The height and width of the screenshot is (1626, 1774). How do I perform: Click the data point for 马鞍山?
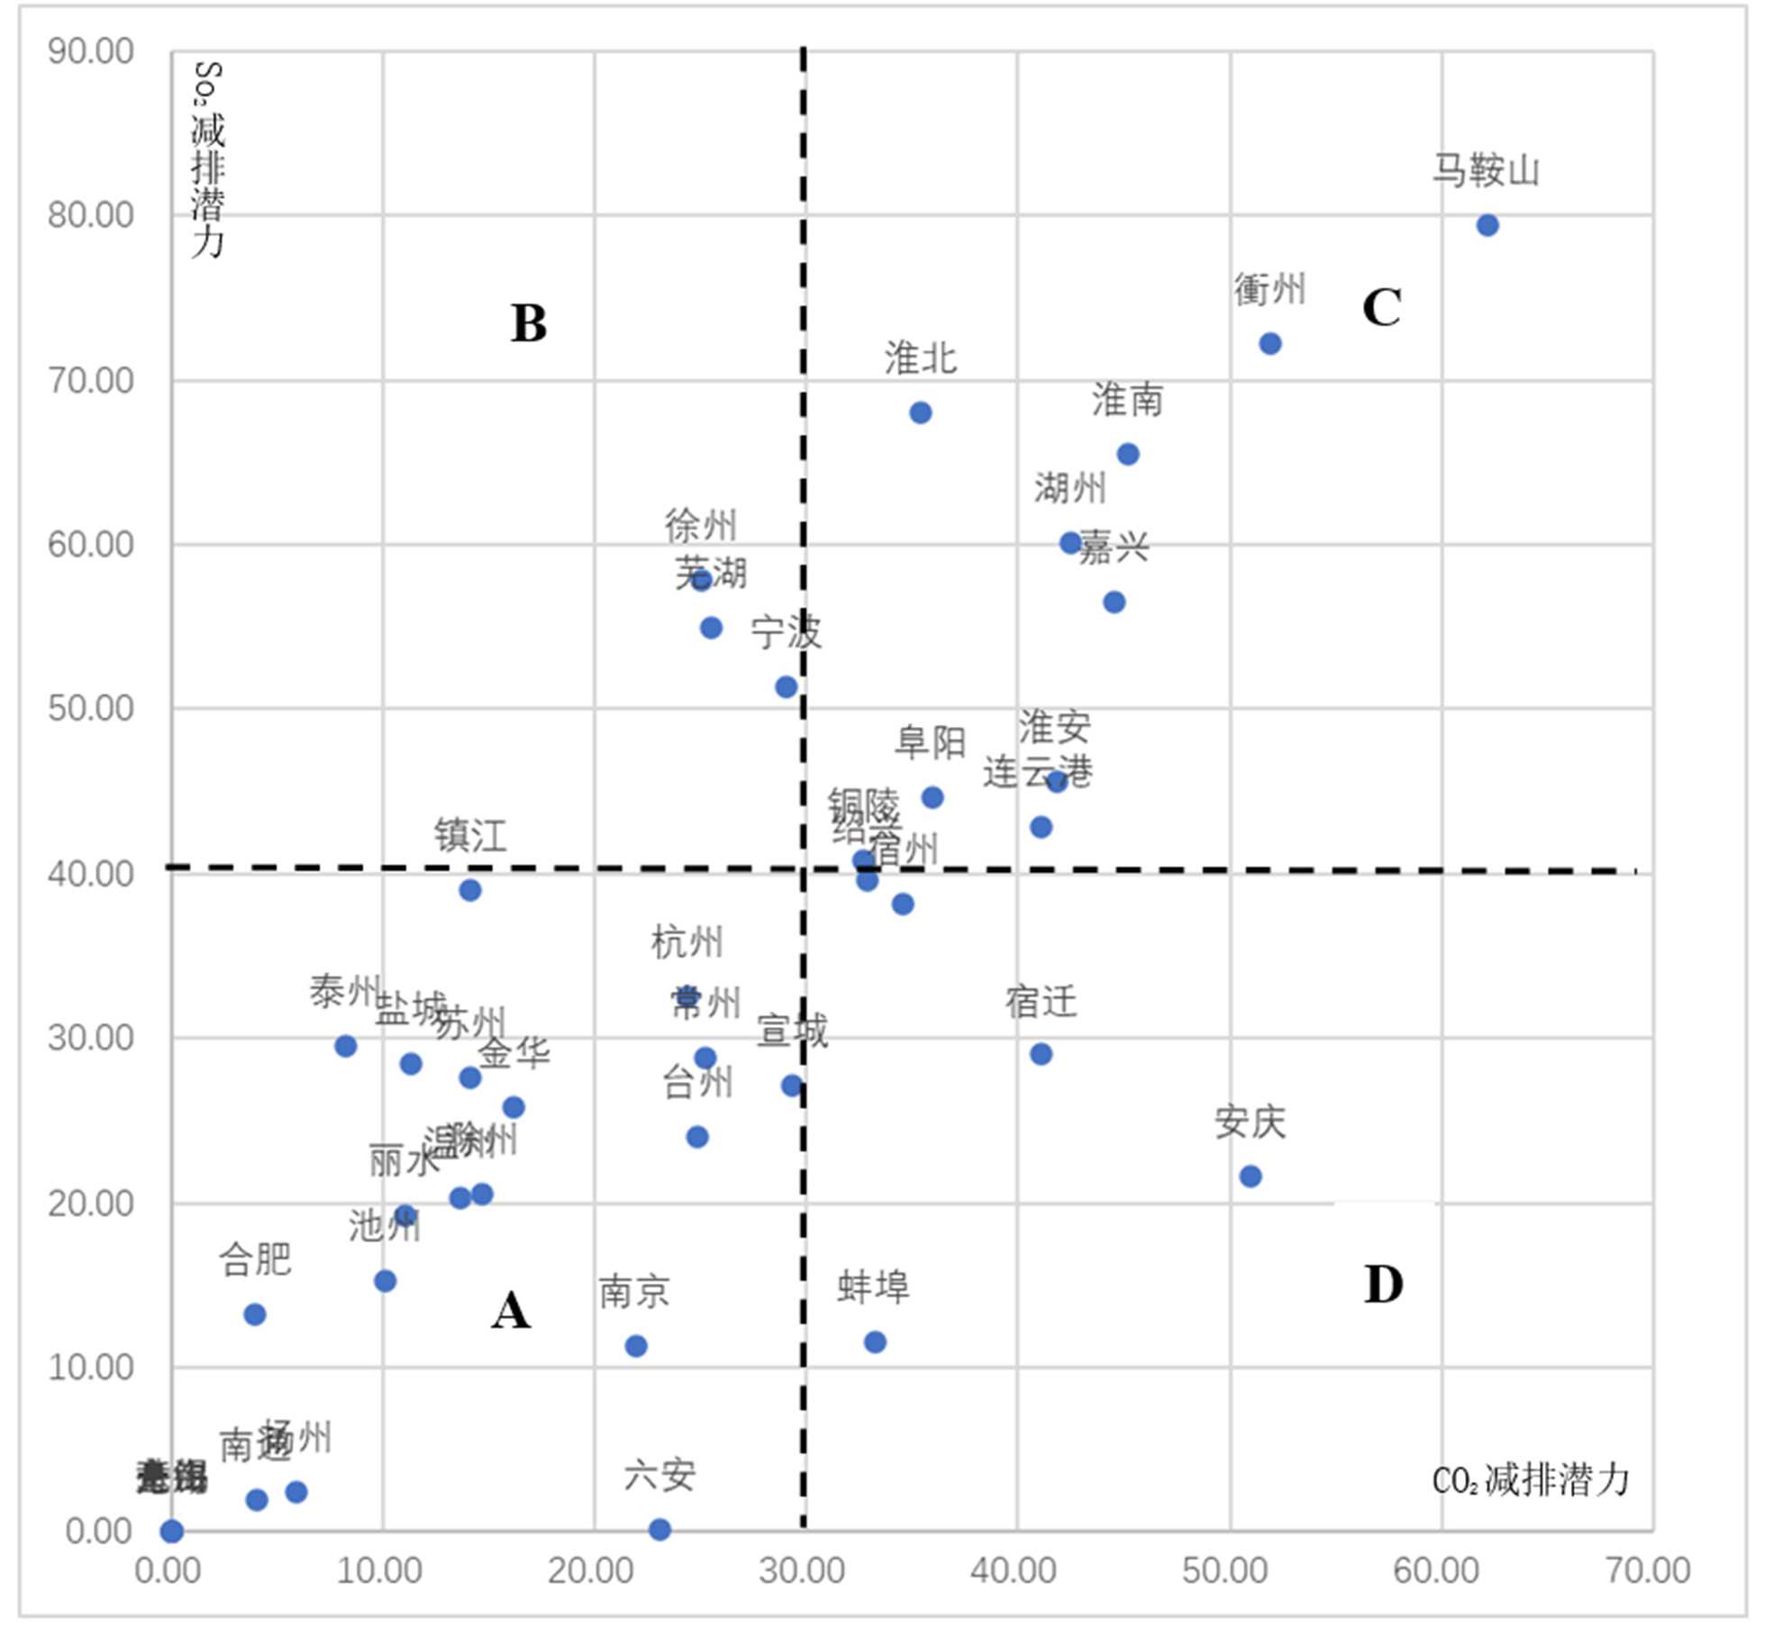coord(1487,225)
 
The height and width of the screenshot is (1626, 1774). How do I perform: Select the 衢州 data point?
coord(1269,343)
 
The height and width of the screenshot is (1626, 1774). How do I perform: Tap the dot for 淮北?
coord(920,413)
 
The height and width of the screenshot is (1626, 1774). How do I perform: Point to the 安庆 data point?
coord(1250,1176)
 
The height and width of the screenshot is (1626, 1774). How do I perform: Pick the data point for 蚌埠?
coord(874,1341)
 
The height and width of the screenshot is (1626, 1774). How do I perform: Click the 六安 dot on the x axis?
coord(660,1529)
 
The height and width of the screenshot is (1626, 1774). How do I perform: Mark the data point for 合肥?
coord(255,1314)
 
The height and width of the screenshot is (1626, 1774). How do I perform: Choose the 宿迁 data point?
coord(1041,1054)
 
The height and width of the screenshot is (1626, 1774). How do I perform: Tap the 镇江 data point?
coord(469,890)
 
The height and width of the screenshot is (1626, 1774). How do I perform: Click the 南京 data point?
coord(636,1346)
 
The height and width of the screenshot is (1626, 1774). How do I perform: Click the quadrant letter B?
coord(529,323)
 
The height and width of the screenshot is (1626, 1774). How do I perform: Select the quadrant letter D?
coord(1383,1285)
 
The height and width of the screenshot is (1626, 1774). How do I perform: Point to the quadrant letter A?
coord(511,1311)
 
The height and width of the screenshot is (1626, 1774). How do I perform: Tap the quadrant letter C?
coord(1381,308)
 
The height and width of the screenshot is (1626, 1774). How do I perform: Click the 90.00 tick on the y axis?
coord(90,51)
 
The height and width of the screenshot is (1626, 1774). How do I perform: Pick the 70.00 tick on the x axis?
coord(1648,1570)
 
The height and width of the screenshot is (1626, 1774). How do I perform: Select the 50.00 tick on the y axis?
coord(90,708)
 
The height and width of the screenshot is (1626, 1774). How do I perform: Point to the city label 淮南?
coord(1128,400)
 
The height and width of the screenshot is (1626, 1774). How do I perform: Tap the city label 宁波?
coord(786,631)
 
